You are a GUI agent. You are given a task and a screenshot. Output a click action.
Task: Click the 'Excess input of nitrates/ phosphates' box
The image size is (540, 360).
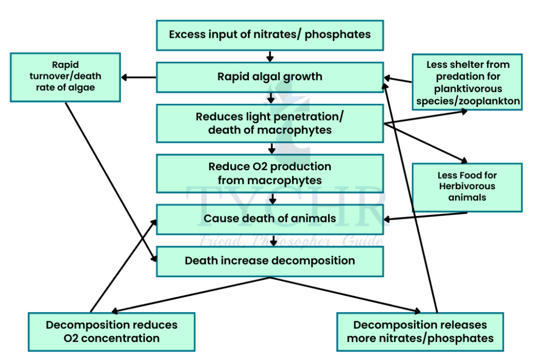[x=269, y=35]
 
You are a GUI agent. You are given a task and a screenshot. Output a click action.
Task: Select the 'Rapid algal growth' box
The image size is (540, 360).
[x=269, y=77]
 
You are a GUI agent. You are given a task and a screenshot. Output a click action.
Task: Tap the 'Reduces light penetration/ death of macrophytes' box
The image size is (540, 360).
[x=269, y=123]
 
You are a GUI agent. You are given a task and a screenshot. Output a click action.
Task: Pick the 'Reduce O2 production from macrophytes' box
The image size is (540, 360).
[x=269, y=173]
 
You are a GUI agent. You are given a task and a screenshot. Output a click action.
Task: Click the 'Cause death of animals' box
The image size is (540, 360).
[x=269, y=219]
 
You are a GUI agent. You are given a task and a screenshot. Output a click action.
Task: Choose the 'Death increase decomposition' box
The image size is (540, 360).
[x=269, y=261]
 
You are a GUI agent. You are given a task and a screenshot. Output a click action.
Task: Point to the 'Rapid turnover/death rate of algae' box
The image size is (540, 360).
[x=66, y=76]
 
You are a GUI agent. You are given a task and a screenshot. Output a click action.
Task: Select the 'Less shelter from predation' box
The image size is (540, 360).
[x=467, y=82]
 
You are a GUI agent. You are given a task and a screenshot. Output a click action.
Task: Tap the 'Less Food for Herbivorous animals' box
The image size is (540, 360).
[x=467, y=187]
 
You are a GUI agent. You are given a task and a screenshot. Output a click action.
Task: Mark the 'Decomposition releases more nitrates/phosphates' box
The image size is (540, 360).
[x=420, y=332]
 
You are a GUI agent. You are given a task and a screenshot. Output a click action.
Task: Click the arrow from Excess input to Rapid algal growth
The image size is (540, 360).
[x=270, y=56]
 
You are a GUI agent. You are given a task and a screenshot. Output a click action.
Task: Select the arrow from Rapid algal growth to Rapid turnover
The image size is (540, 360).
[x=139, y=77]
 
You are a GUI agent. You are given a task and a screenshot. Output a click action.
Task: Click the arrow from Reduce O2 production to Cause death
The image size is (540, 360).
[x=273, y=199]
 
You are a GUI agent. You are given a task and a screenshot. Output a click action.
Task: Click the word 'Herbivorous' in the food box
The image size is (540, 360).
[x=467, y=187]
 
